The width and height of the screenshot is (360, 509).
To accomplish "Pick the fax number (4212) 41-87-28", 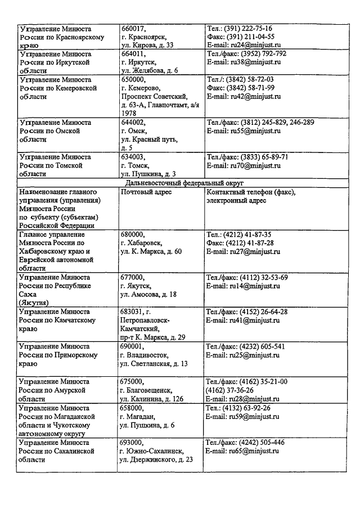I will pyautogui.click(x=240, y=243).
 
